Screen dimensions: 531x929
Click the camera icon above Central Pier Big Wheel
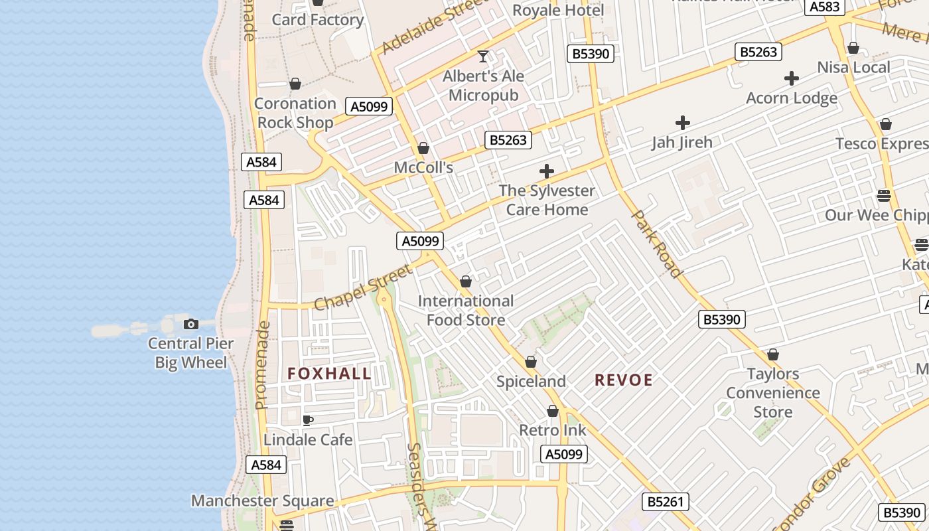point(191,324)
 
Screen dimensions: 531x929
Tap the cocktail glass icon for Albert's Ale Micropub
point(483,56)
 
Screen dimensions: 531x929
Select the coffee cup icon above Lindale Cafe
point(308,420)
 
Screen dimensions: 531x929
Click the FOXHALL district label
point(329,374)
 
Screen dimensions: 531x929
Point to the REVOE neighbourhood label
point(624,380)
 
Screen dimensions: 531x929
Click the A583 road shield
point(825,7)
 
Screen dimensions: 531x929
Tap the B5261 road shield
point(666,502)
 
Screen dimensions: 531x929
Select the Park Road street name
point(656,244)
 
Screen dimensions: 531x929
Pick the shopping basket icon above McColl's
point(423,148)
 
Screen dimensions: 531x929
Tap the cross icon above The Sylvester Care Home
point(547,172)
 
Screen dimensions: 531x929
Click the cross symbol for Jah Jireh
point(682,123)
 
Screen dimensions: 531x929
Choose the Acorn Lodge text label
point(792,98)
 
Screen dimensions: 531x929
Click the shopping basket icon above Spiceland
point(531,362)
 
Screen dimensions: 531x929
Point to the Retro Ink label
point(553,430)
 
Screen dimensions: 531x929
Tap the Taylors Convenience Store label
point(773,393)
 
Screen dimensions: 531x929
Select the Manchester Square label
point(263,500)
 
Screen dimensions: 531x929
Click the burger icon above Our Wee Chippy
point(883,195)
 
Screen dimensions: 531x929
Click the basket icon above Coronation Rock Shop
point(295,84)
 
